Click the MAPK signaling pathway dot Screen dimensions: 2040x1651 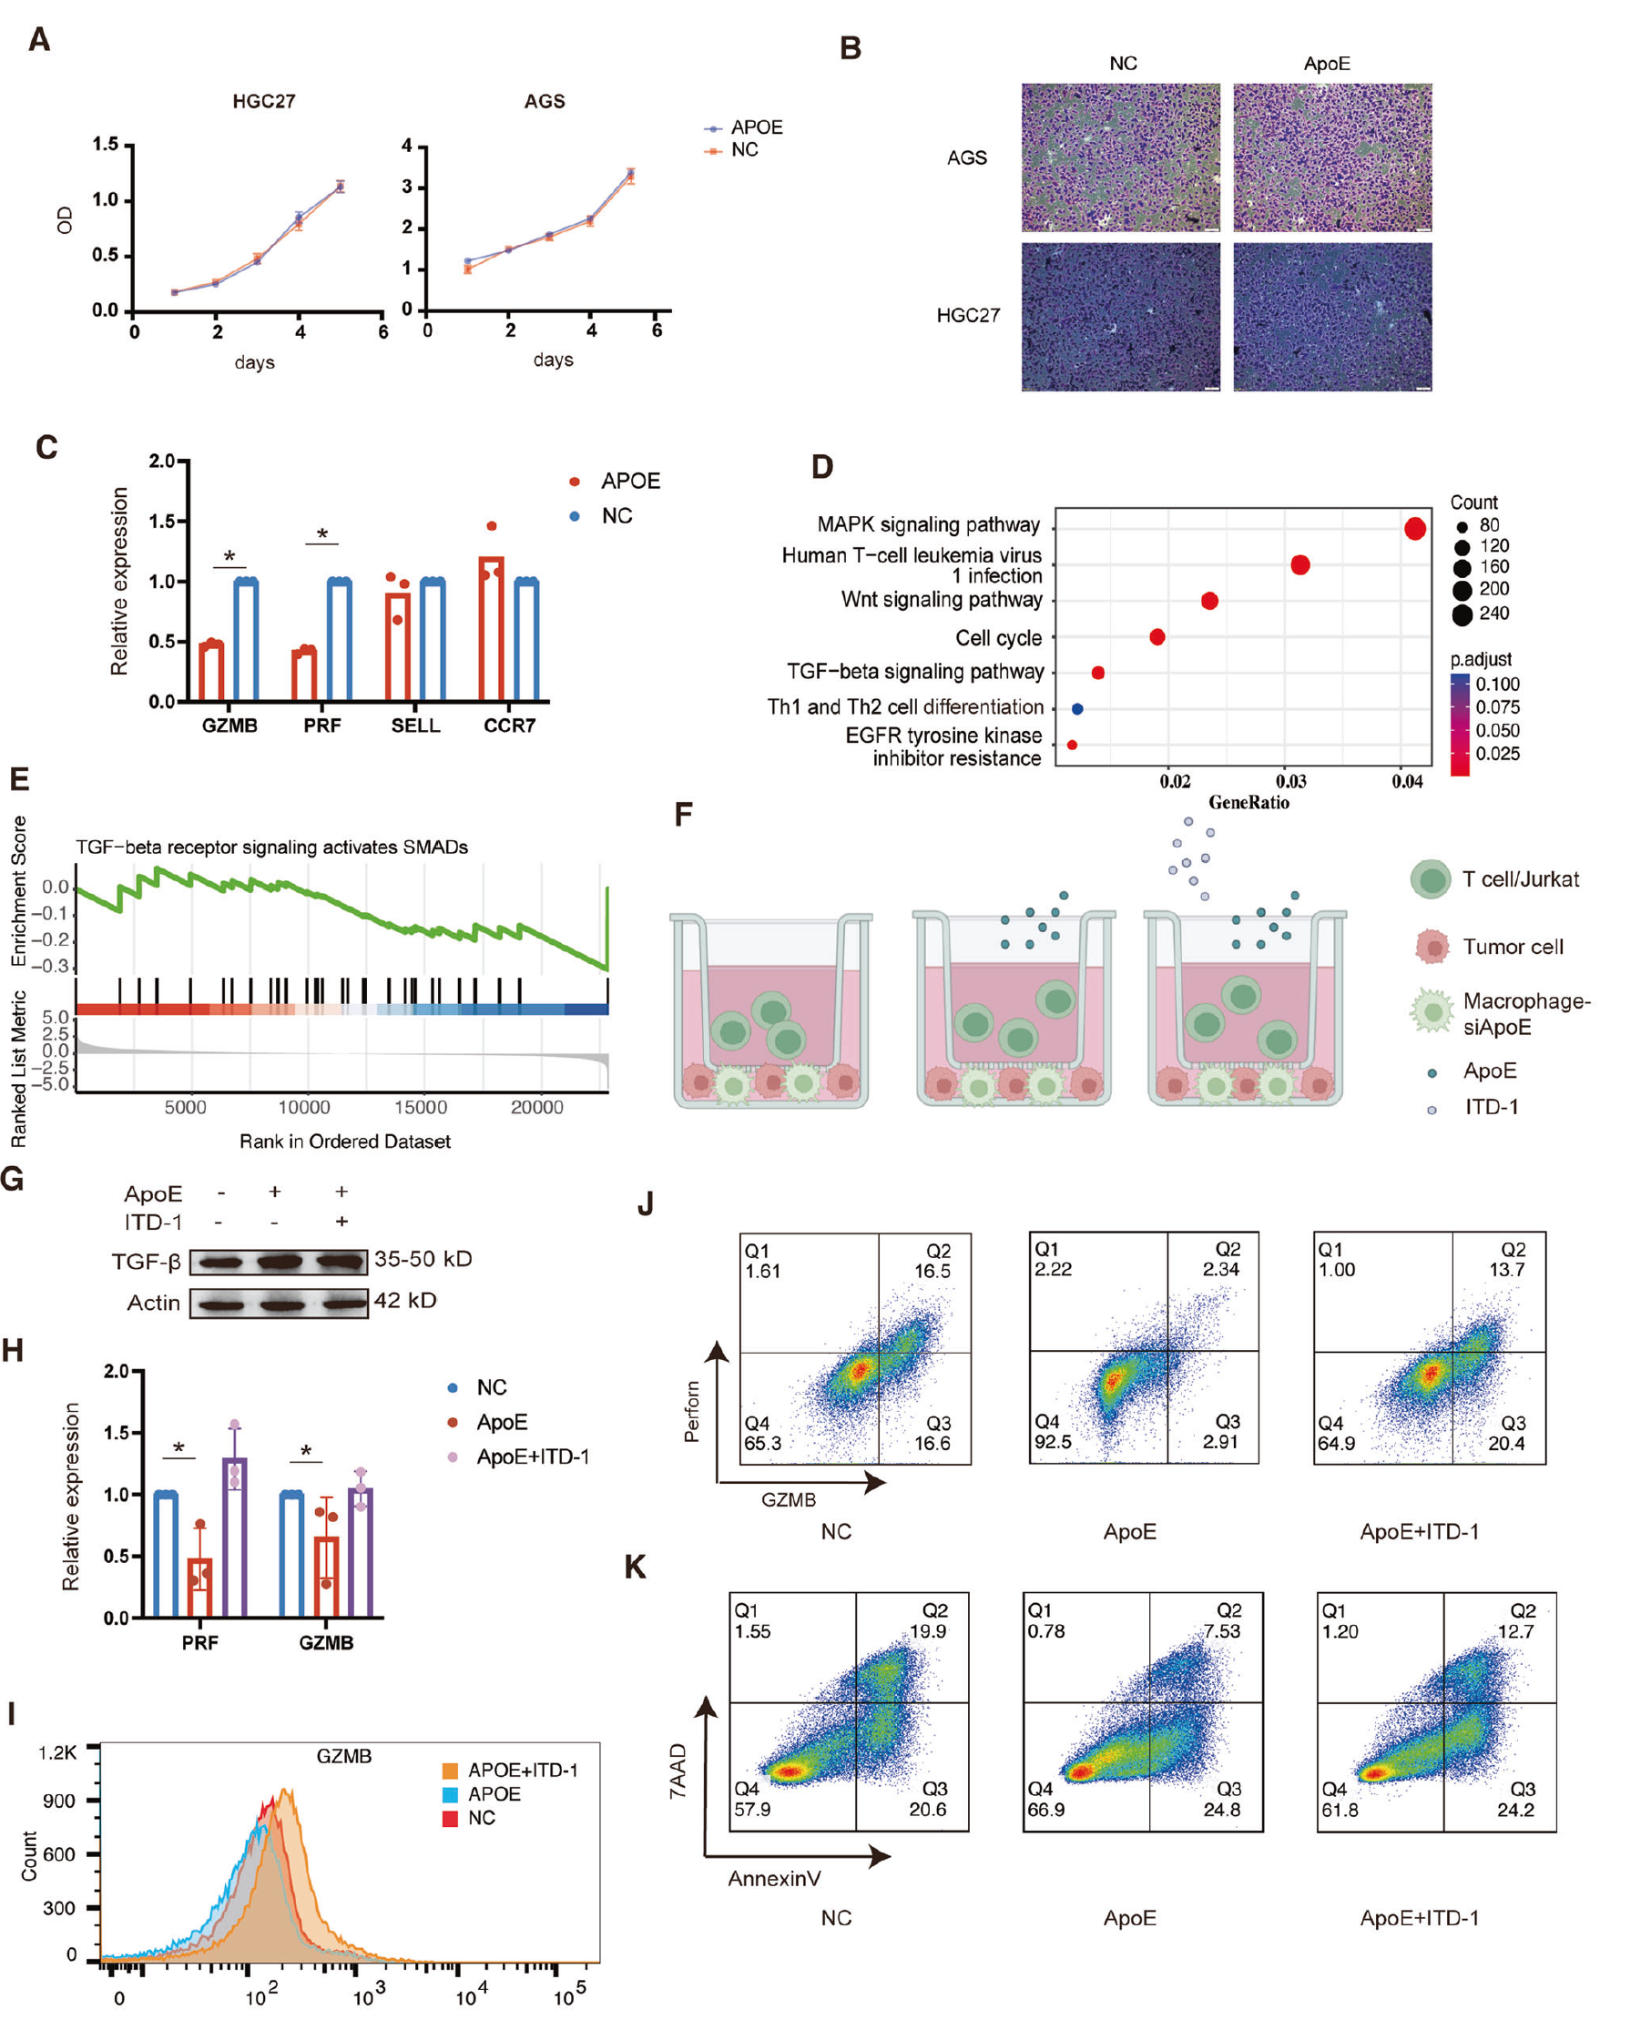[1414, 529]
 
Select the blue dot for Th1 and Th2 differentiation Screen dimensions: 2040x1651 [1076, 708]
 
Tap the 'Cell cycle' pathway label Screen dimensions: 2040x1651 [998, 638]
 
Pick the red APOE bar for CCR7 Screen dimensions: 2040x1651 [491, 628]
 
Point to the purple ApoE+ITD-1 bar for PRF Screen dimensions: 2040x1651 [235, 1537]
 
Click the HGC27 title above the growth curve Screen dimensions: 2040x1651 [263, 101]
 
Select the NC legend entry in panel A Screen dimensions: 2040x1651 [744, 149]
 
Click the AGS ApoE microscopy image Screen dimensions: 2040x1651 [1331, 157]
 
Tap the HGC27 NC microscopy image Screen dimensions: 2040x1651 [1120, 316]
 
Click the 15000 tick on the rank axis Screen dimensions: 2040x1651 [421, 1107]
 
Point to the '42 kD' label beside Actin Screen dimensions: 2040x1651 [405, 1300]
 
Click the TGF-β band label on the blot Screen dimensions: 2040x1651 [146, 1262]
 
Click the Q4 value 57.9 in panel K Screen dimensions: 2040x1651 [751, 1809]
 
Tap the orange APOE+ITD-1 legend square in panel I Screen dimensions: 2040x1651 [450, 1770]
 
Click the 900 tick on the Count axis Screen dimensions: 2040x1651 [58, 1801]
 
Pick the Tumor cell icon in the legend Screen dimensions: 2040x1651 [1432, 947]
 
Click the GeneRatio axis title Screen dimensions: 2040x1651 [1248, 802]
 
